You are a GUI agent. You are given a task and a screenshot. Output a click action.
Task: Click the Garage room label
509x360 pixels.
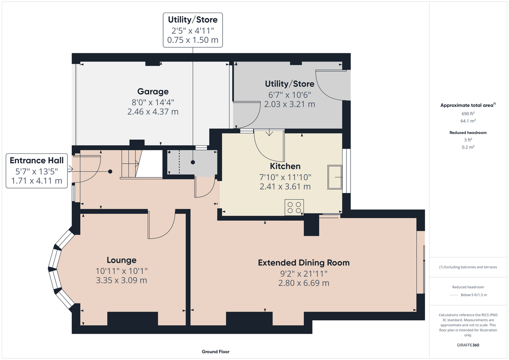point(153,91)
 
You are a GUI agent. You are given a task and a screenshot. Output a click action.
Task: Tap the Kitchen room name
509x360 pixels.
point(285,166)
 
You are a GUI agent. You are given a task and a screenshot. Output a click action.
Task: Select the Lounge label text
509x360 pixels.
point(121,260)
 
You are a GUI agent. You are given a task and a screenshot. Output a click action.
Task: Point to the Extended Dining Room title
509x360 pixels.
point(304,263)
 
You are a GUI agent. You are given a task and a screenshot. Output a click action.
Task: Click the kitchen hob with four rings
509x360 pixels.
point(294,207)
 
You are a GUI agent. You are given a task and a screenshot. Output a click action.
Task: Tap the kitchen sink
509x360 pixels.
point(335,177)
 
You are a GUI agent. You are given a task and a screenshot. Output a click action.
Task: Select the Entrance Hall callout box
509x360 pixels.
point(37,171)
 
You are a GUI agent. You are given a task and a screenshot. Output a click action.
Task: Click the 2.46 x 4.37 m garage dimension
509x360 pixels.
point(153,112)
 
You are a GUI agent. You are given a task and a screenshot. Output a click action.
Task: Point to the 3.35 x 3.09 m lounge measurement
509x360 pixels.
point(121,280)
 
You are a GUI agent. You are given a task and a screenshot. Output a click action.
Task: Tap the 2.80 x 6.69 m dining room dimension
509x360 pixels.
point(304,283)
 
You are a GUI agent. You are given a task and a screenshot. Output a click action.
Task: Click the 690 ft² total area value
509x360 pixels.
point(468,113)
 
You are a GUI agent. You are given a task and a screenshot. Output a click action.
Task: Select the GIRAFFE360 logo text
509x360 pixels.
point(468,345)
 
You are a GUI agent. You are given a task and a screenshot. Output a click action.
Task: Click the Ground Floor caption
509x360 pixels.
point(216,352)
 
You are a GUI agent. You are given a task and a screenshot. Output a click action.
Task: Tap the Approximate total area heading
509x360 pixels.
point(468,105)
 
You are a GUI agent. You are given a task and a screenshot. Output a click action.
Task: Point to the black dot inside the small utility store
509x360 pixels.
point(193,162)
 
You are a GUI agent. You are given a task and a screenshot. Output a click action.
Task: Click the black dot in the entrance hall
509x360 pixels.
point(110,171)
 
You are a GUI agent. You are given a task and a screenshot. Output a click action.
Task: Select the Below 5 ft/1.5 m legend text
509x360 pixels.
point(474,295)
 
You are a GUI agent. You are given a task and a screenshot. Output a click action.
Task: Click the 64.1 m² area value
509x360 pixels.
point(468,121)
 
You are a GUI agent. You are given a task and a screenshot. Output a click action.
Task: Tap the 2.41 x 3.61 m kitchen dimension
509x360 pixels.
point(285,186)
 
